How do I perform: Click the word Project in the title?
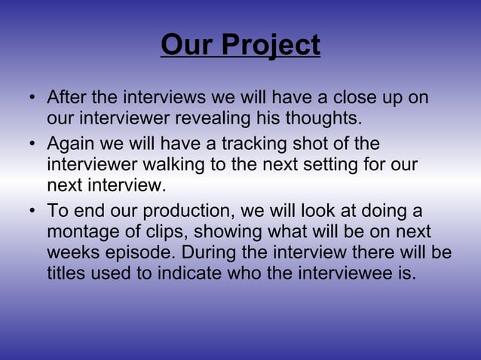pyautogui.click(x=271, y=45)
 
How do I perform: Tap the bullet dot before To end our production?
pyautogui.click(x=32, y=211)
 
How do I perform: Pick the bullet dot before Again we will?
pyautogui.click(x=32, y=145)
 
